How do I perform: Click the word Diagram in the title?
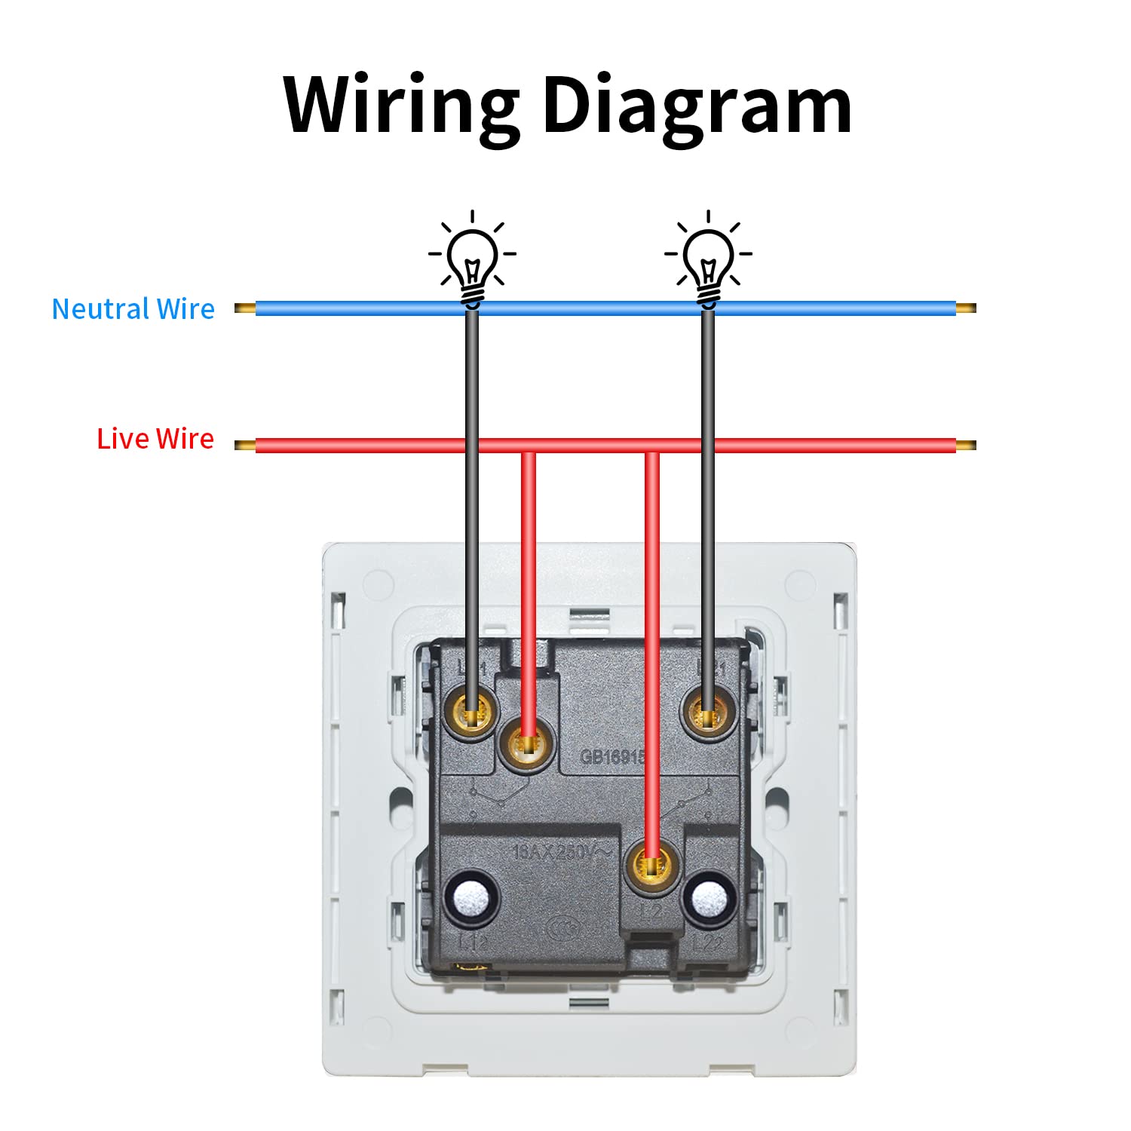pos(697,106)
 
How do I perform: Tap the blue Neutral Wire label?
pos(133,309)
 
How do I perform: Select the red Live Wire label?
pos(155,439)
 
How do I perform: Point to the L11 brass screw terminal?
pos(473,713)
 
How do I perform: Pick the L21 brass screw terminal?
pos(708,713)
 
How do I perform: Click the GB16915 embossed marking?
pos(612,756)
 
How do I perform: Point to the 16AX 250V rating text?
pos(562,853)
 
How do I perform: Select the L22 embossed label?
pos(708,942)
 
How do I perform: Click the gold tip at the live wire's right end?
pos(966,446)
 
